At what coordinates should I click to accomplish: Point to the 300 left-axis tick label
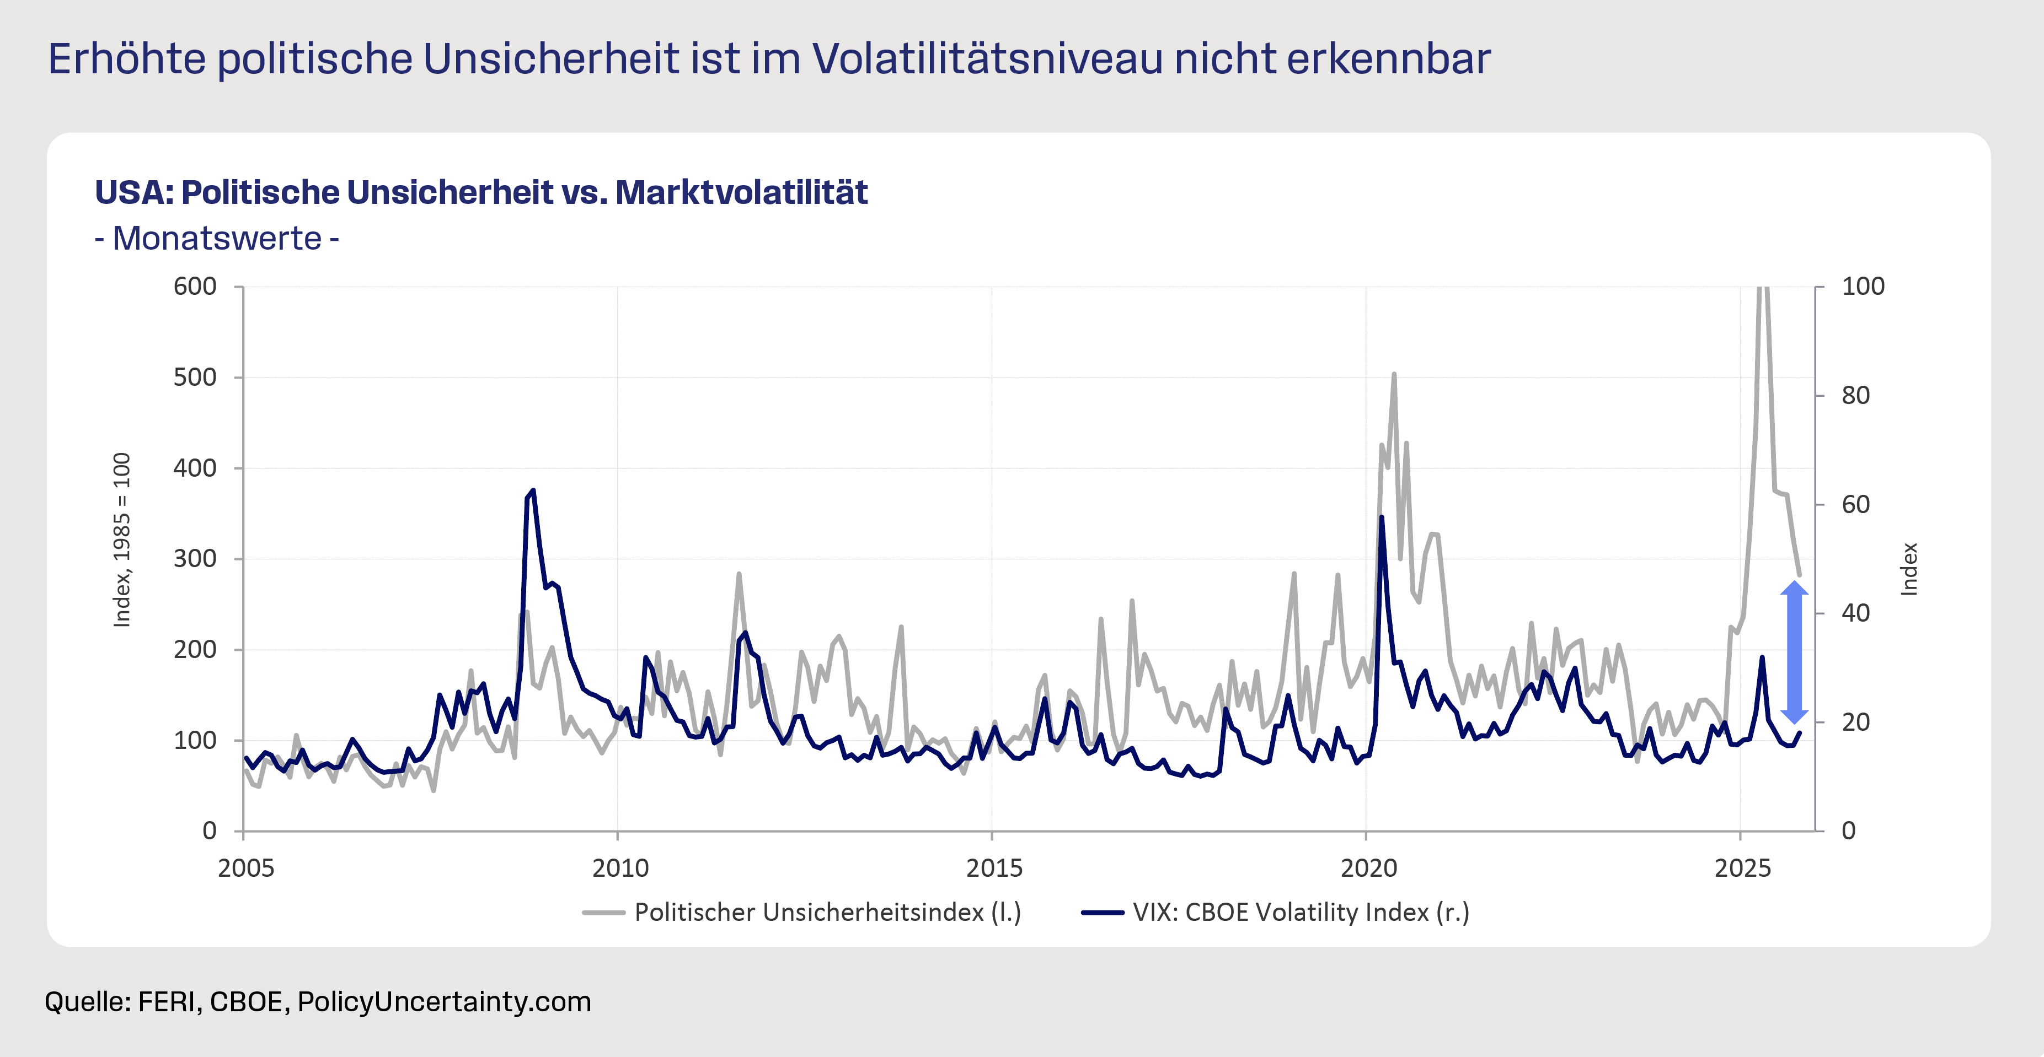pos(195,558)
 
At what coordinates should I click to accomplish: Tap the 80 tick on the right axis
pos(1855,395)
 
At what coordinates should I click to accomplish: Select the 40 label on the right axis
pos(1855,613)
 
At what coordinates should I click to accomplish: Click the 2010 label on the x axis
pos(620,869)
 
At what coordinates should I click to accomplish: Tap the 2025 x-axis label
pos(1742,869)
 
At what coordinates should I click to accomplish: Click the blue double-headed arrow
pos(1794,652)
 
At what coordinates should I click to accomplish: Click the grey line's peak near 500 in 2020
pos(1394,374)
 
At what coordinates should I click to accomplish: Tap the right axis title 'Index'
pos(1909,569)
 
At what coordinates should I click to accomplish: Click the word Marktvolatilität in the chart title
pos(741,193)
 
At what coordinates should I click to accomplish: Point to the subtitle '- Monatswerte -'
pos(217,239)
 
